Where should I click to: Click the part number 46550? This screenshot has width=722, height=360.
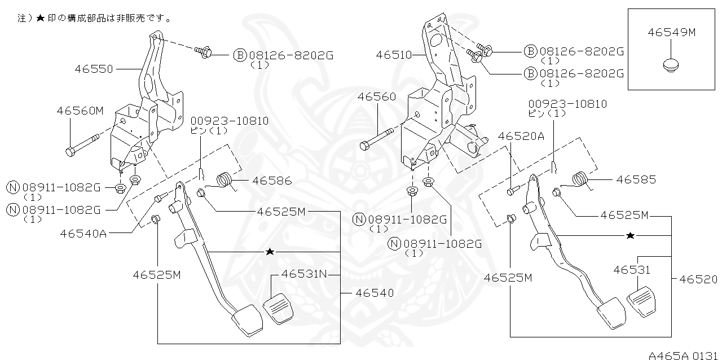94,69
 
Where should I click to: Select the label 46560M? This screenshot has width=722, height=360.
80,111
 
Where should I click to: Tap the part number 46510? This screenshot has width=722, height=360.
395,55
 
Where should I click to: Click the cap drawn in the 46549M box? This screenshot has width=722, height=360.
670,65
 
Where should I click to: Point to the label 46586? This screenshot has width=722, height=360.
272,181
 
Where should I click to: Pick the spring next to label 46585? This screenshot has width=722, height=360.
580,179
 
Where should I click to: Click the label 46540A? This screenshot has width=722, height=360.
83,233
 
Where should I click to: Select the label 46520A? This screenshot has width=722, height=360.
521,136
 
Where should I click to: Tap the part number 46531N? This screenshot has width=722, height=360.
305,274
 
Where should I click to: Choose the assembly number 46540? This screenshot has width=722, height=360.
375,293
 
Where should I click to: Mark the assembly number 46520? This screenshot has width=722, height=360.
698,279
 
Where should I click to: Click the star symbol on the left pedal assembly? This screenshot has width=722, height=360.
270,251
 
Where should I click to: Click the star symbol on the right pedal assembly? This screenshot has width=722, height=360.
631,235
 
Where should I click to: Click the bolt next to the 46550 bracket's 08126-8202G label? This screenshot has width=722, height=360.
204,52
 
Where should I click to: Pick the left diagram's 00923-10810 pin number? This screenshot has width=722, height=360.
229,121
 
